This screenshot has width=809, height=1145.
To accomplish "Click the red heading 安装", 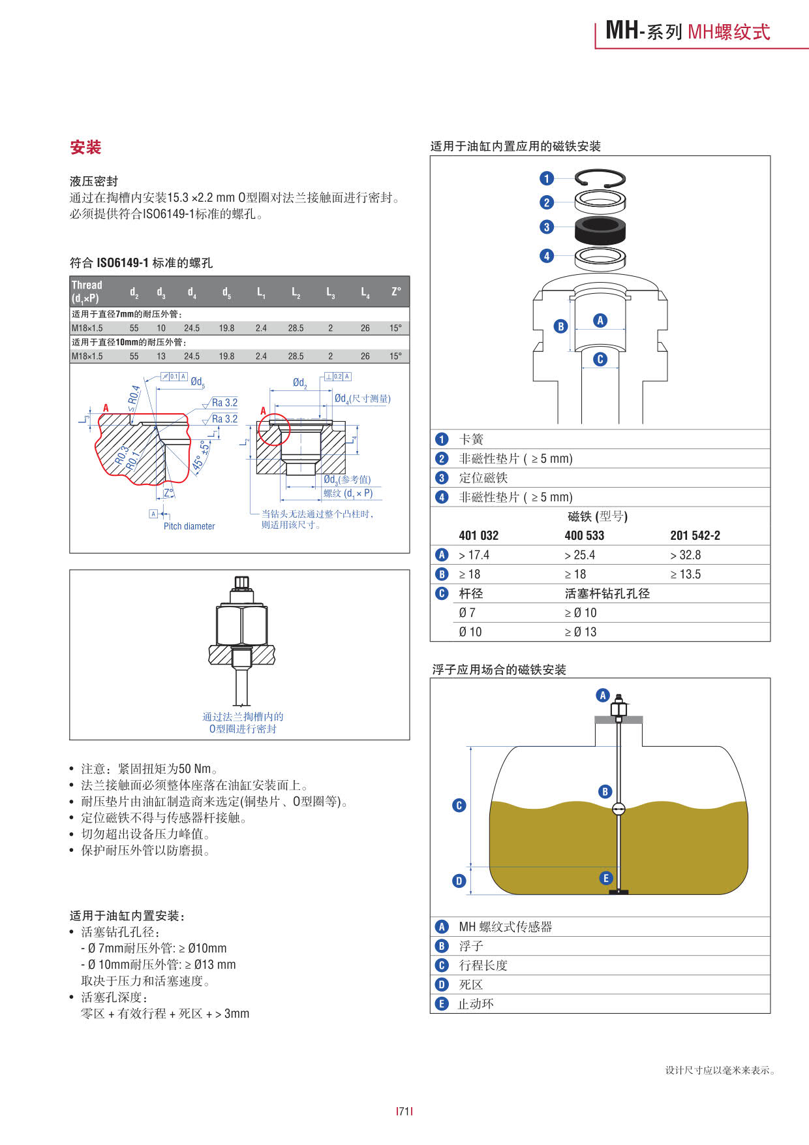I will point(85,148).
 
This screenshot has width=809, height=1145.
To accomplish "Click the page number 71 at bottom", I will point(404,1111).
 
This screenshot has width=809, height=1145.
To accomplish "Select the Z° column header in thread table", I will point(396,292).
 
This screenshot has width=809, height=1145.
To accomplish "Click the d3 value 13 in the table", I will point(161,356).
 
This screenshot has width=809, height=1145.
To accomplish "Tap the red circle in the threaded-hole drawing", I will point(273,430).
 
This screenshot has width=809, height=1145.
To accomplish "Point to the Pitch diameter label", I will point(189,526).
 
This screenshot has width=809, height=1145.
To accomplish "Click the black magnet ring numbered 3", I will point(600,229).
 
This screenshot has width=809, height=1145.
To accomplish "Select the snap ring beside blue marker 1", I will point(600,178).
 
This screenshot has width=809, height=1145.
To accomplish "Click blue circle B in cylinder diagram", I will point(560,326).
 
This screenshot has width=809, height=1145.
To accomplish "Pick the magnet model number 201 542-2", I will point(695,536).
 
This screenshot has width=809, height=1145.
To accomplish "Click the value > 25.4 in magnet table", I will point(579,556).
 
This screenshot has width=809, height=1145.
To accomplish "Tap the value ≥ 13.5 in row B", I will point(685,574).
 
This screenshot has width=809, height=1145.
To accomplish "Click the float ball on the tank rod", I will point(618,809).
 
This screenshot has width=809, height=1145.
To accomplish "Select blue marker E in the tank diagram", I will point(605,878).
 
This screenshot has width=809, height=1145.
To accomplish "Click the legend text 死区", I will point(470,984).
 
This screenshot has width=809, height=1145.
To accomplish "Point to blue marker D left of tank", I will point(459,881).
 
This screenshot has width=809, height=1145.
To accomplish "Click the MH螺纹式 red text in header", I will point(729,32).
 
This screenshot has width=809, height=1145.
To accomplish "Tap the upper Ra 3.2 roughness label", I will point(224,403).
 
